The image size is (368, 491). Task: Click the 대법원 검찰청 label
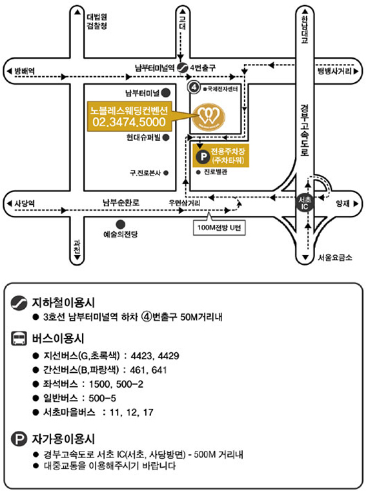click(x=97, y=21)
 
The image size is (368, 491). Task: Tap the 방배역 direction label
click(x=25, y=71)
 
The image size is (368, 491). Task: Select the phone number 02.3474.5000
click(x=129, y=122)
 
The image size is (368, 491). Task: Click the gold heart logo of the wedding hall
click(x=209, y=117)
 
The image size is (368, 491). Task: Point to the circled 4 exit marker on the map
click(x=194, y=87)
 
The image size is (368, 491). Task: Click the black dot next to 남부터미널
click(x=165, y=92)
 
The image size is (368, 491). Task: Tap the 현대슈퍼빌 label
click(x=143, y=137)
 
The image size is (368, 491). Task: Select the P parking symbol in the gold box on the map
click(x=203, y=156)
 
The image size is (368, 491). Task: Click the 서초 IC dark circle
click(x=304, y=204)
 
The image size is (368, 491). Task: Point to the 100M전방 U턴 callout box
click(x=219, y=227)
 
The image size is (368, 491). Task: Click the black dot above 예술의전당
click(x=121, y=224)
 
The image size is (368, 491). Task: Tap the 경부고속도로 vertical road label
click(x=305, y=131)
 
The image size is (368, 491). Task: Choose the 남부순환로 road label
click(x=121, y=202)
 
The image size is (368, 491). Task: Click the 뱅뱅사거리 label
click(x=334, y=71)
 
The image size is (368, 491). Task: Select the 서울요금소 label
click(x=335, y=257)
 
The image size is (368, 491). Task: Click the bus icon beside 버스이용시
click(x=19, y=339)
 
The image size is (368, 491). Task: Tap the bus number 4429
click(x=169, y=356)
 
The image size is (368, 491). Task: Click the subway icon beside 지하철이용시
click(x=19, y=303)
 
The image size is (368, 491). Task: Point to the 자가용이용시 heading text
click(x=63, y=439)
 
